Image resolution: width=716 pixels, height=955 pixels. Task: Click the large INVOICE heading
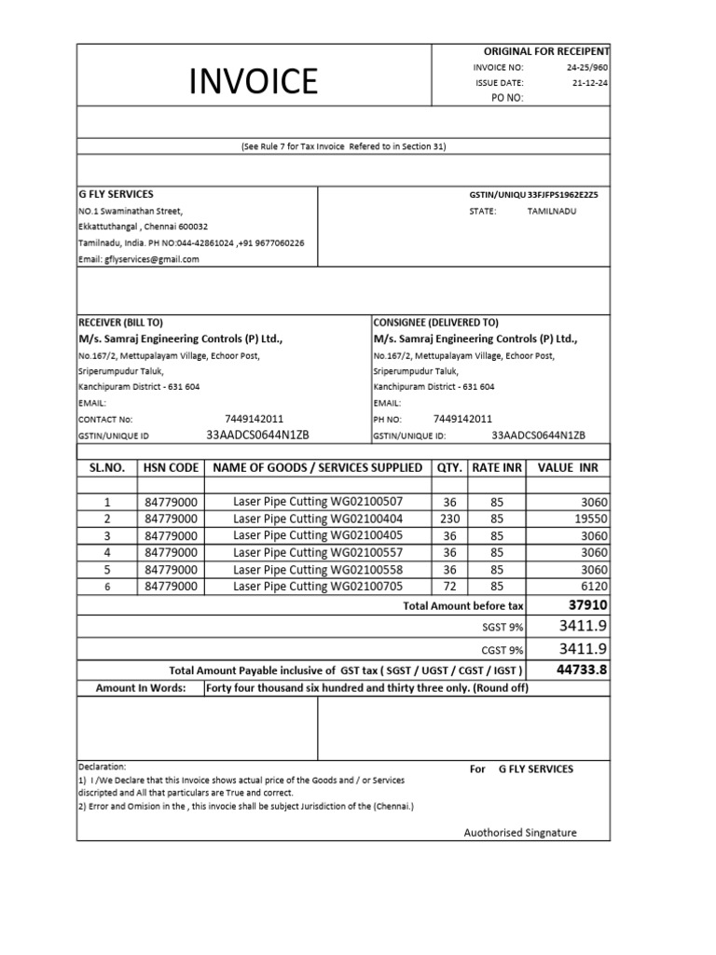click(x=254, y=82)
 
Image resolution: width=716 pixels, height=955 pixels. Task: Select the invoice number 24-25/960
click(x=586, y=68)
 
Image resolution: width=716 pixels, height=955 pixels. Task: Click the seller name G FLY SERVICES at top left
click(x=116, y=194)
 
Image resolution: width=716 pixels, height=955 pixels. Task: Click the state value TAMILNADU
click(x=552, y=212)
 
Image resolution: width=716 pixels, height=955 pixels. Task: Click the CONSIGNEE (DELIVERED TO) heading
click(x=435, y=322)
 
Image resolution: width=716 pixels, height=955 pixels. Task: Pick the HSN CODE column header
click(x=171, y=467)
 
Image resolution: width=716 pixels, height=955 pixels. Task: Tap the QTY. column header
click(x=449, y=467)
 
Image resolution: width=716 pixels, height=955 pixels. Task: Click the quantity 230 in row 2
click(x=449, y=519)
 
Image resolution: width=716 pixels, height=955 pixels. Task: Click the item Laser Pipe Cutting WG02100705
click(x=318, y=586)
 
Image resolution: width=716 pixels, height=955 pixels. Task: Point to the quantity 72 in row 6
click(x=449, y=586)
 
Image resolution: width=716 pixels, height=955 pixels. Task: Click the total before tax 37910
click(x=587, y=604)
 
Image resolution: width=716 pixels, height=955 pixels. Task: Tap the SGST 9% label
click(x=503, y=627)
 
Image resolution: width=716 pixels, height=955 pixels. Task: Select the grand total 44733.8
click(x=582, y=670)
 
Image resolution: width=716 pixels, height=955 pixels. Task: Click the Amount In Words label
click(x=141, y=688)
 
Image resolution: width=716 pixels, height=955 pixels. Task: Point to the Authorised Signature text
click(x=520, y=833)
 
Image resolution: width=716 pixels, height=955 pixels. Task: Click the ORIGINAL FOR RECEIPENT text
click(x=545, y=51)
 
